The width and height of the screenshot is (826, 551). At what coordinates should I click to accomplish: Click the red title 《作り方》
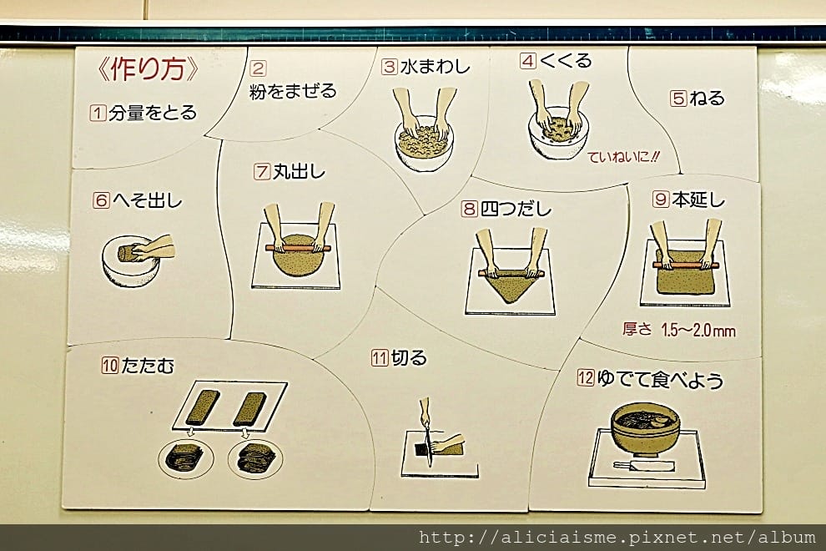pos(149,68)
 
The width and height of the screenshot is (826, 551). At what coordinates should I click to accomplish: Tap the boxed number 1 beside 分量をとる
pos(98,113)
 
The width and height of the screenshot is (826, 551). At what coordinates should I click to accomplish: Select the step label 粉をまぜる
pos(293,91)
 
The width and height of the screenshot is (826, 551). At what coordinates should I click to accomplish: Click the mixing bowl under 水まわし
pos(424,144)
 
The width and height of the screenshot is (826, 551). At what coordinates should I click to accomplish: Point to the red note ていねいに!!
pos(623,157)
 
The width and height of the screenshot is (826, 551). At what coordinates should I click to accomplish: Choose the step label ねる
pos(707,98)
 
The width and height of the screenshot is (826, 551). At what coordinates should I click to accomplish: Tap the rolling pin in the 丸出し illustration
pos(298,247)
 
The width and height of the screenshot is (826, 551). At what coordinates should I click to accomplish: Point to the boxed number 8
pos(469,209)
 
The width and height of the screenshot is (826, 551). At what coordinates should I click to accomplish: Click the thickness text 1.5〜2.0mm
pos(698,331)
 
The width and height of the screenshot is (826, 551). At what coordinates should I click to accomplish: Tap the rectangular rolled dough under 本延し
pos(687,273)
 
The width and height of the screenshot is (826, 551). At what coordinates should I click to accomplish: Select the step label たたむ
pos(148,366)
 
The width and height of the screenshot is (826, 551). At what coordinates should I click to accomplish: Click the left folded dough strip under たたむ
pos(201,407)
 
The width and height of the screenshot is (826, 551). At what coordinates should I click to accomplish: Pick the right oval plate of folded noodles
pos(255,458)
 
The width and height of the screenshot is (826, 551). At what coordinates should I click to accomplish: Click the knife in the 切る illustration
pos(426,431)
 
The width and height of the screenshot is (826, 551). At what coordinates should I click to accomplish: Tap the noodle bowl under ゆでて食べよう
pos(645,427)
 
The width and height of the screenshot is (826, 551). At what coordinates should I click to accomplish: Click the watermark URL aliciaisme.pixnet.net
pos(617,538)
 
